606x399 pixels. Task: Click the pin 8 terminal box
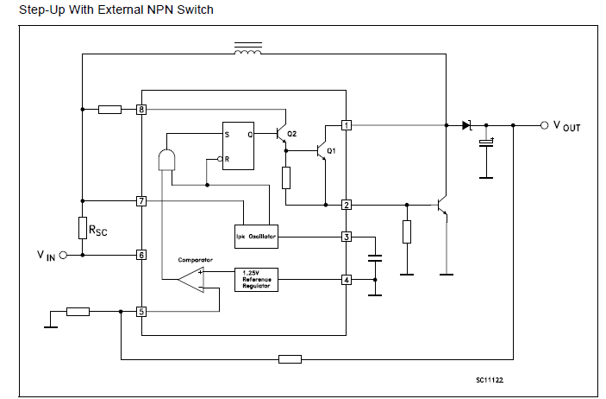(141, 110)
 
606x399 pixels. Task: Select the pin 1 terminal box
(346, 125)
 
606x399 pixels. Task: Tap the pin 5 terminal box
(141, 311)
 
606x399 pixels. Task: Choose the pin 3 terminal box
(346, 236)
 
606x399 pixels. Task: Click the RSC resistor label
(98, 229)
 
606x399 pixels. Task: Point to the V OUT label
(566, 126)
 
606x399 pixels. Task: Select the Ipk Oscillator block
(256, 236)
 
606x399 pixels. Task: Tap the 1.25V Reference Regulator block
(256, 280)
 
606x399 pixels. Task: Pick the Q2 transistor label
(292, 134)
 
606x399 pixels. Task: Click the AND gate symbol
(166, 160)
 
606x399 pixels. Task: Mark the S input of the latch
(227, 134)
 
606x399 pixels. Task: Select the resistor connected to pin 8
(109, 110)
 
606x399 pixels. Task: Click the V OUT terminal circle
(544, 125)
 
